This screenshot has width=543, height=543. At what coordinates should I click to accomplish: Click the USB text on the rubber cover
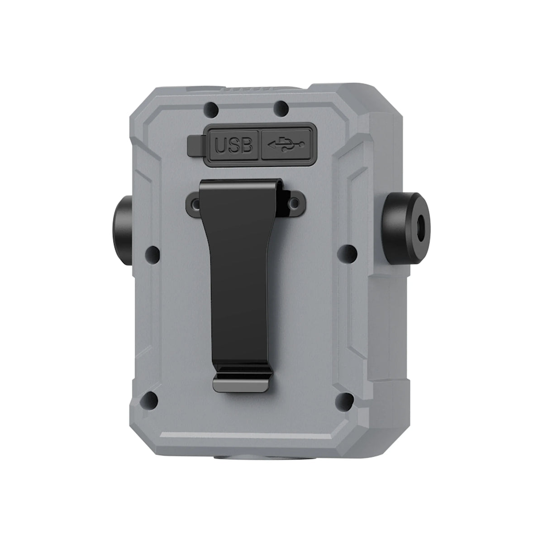pos(233,145)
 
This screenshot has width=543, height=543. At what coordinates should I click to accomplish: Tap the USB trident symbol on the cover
pos(286,144)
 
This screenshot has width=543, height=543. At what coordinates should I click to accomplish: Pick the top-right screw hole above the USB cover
pos(281,109)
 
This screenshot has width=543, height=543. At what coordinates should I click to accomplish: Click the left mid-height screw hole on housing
pos(152,253)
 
